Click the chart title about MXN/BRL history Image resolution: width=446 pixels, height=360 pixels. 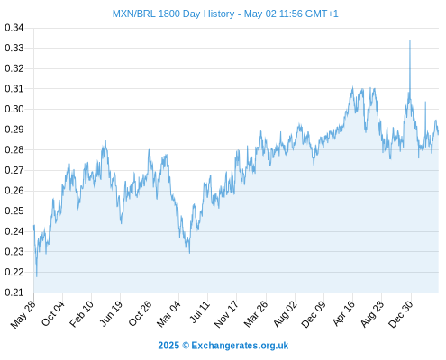(x=225, y=13)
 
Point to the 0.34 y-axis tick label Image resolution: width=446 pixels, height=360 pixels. (x=14, y=28)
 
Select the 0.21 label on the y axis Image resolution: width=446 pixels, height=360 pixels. (x=14, y=292)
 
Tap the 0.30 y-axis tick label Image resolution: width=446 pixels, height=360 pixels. (x=14, y=109)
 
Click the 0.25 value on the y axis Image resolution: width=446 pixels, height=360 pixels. (x=14, y=211)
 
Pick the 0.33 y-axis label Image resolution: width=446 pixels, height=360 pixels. (x=14, y=48)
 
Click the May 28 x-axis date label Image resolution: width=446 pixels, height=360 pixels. (x=23, y=314)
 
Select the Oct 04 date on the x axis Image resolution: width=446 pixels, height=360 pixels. (x=53, y=313)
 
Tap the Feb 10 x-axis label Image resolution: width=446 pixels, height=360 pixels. (x=81, y=314)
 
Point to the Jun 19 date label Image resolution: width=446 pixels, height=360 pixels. (x=111, y=313)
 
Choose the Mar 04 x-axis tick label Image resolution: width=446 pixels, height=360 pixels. (x=168, y=314)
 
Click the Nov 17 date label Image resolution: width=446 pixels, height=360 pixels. (x=226, y=314)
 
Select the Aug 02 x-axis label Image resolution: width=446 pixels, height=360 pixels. (x=285, y=314)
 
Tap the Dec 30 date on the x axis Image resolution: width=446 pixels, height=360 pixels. (x=401, y=314)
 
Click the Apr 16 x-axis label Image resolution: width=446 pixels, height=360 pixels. (x=343, y=313)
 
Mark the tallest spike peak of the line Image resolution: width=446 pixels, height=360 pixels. (x=410, y=40)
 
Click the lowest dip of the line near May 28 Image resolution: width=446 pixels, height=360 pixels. (x=37, y=276)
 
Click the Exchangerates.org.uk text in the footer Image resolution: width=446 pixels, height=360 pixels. (x=240, y=346)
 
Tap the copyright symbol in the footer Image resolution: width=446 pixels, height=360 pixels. (x=186, y=346)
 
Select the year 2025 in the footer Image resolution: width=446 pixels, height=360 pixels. (x=168, y=346)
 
